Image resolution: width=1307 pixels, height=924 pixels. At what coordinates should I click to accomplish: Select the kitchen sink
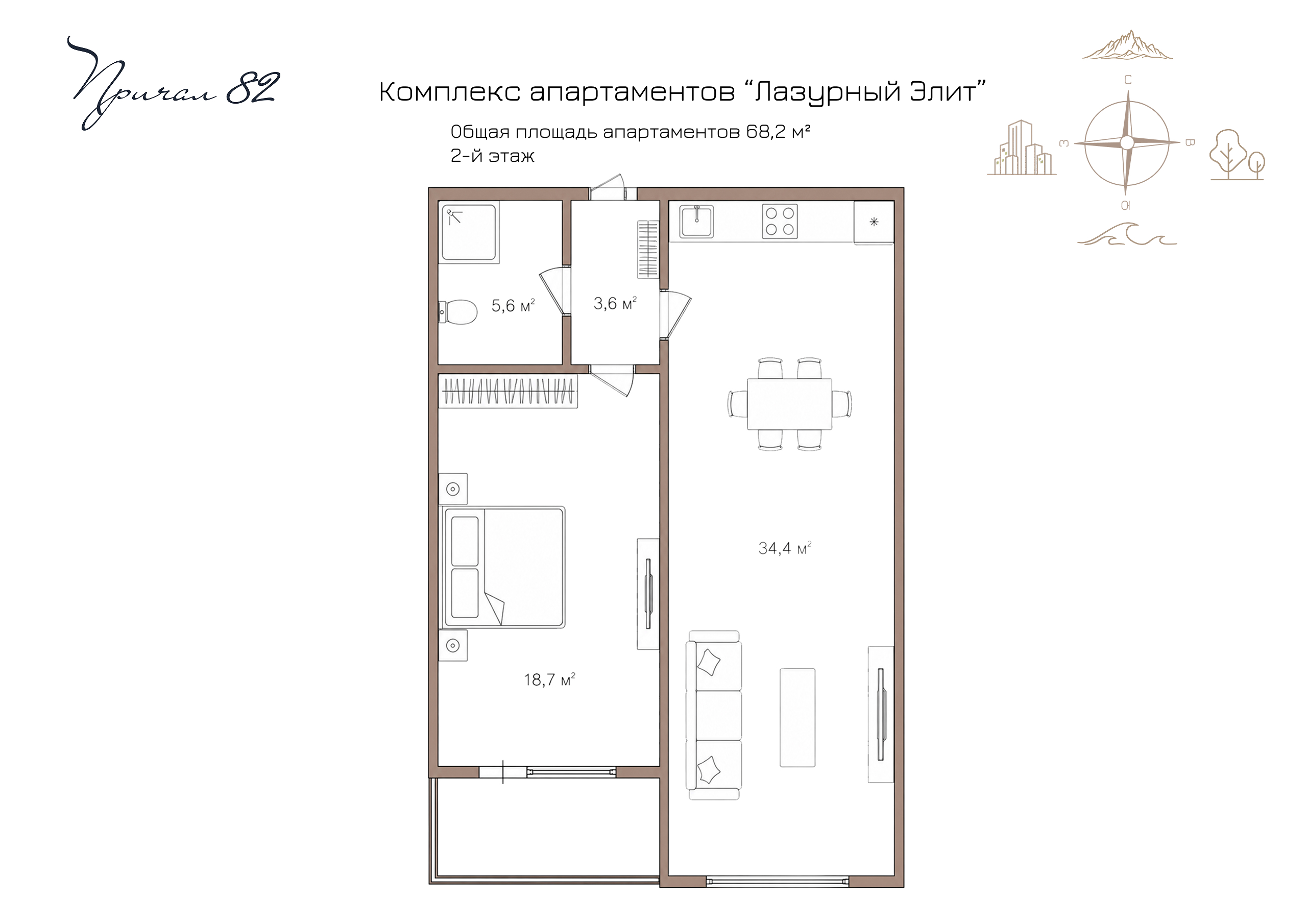pyautogui.click(x=696, y=222)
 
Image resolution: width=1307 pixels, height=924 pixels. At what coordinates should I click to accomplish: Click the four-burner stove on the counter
pyautogui.click(x=780, y=222)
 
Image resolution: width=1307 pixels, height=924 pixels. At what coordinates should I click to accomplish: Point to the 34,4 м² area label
pyautogui.click(x=784, y=548)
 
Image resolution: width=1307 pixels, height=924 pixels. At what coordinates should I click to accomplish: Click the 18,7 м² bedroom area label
pyautogui.click(x=549, y=680)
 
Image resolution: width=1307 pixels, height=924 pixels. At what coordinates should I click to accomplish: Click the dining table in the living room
pyautogui.click(x=789, y=404)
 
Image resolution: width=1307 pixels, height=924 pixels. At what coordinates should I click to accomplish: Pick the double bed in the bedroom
pyautogui.click(x=502, y=567)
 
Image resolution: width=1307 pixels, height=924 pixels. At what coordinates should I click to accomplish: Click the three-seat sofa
pyautogui.click(x=714, y=715)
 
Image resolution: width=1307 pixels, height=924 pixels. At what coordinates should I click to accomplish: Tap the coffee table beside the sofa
pyautogui.click(x=797, y=717)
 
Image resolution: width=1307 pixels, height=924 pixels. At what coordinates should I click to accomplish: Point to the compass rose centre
pyautogui.click(x=1127, y=143)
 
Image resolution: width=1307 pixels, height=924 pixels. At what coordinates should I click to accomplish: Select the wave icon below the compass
pyautogui.click(x=1127, y=234)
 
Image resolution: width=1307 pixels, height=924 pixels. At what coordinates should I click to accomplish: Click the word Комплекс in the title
pyautogui.click(x=450, y=92)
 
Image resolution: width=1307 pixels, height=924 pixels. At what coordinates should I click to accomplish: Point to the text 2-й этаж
pyautogui.click(x=492, y=156)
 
